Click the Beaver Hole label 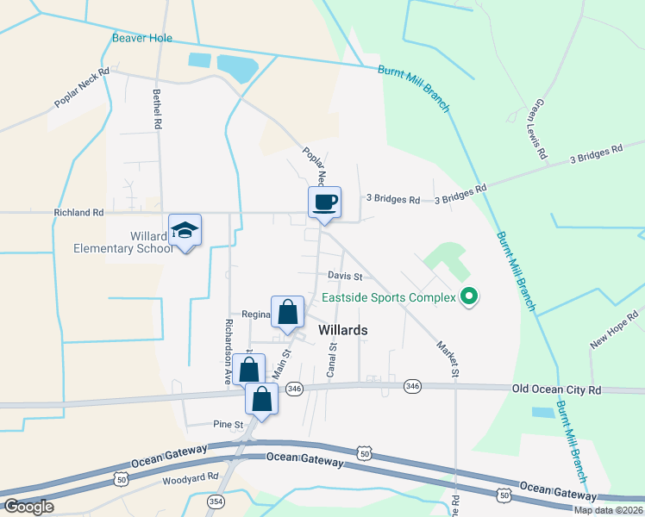(142, 38)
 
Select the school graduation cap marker (185, 230)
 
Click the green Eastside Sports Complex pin (469, 298)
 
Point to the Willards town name (343, 330)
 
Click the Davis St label (344, 277)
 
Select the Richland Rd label (78, 212)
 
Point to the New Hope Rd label (614, 330)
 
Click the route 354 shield (215, 501)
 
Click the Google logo (28, 506)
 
